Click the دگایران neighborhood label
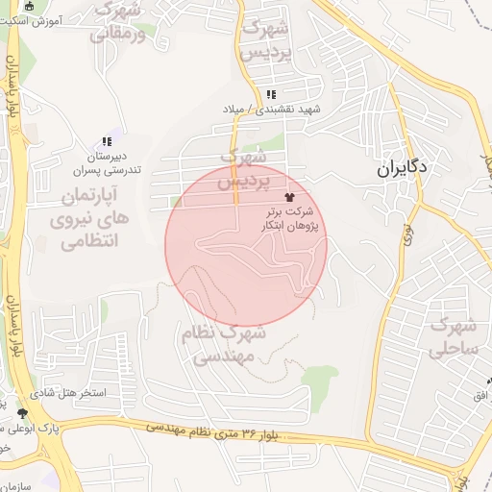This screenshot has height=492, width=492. tap(402, 168)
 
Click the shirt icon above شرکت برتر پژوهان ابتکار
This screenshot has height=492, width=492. tap(290, 195)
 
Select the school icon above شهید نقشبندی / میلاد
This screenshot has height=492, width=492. tap(272, 94)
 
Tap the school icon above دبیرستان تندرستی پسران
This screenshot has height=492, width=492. tap(106, 141)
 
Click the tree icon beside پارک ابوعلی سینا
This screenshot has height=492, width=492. tap(22, 414)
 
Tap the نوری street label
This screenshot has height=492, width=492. tap(407, 231)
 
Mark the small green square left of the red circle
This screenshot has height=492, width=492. tap(176, 201)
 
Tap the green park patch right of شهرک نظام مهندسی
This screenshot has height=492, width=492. tap(319, 378)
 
